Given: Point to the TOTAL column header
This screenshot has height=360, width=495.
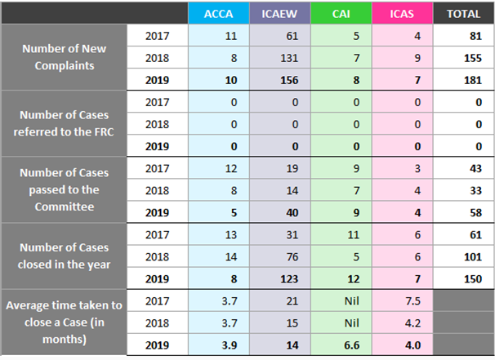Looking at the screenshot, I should tap(462, 12).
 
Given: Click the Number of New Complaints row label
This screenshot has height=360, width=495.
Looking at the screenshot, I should tap(65, 57).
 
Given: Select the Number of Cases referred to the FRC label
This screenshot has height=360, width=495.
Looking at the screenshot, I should tap(65, 123).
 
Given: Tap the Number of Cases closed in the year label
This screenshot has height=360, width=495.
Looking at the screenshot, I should tap(65, 256).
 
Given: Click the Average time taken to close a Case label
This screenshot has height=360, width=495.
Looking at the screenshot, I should tap(65, 322).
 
